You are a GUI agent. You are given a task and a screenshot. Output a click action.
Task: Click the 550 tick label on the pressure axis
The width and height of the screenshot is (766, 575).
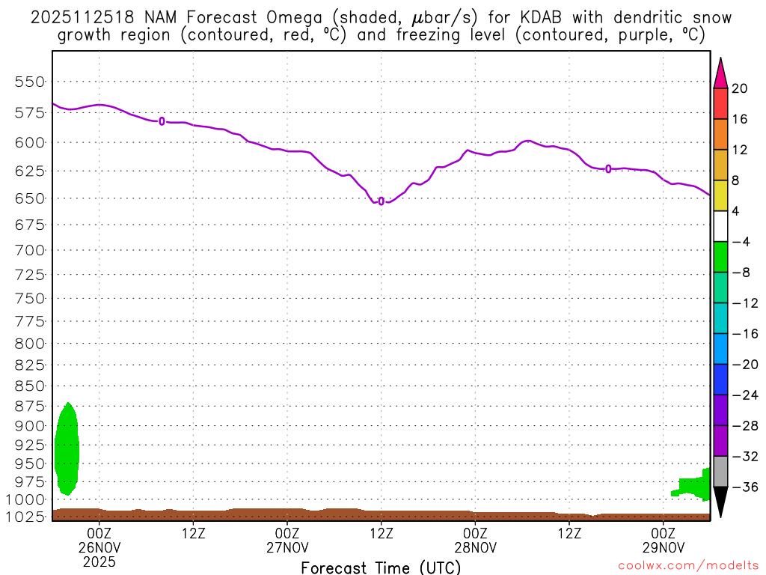pyautogui.click(x=31, y=82)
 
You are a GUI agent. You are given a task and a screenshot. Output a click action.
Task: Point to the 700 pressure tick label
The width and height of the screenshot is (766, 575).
pyautogui.click(x=31, y=249)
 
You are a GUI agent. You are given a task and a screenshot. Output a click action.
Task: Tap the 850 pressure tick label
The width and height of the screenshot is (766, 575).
pyautogui.click(x=31, y=386)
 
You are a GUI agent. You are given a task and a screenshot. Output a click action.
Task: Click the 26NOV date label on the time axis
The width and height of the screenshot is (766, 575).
pyautogui.click(x=99, y=547)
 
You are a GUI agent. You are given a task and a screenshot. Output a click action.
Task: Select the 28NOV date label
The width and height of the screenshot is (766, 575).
pyautogui.click(x=475, y=547)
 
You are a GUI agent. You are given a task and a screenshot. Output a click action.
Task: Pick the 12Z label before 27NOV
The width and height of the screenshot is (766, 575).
pyautogui.click(x=193, y=532)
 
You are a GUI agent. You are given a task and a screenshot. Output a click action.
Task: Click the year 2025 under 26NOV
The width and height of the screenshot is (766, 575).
pyautogui.click(x=99, y=560)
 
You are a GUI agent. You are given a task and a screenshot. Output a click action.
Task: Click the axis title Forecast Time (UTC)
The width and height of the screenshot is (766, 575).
pyautogui.click(x=381, y=567)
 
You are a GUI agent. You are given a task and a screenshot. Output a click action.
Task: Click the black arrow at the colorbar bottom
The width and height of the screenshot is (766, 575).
pyautogui.click(x=720, y=501)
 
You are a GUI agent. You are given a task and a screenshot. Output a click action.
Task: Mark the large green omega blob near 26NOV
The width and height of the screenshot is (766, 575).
pyautogui.click(x=67, y=449)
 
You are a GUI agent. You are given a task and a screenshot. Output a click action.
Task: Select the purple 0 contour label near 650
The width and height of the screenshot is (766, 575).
pyautogui.click(x=382, y=201)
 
